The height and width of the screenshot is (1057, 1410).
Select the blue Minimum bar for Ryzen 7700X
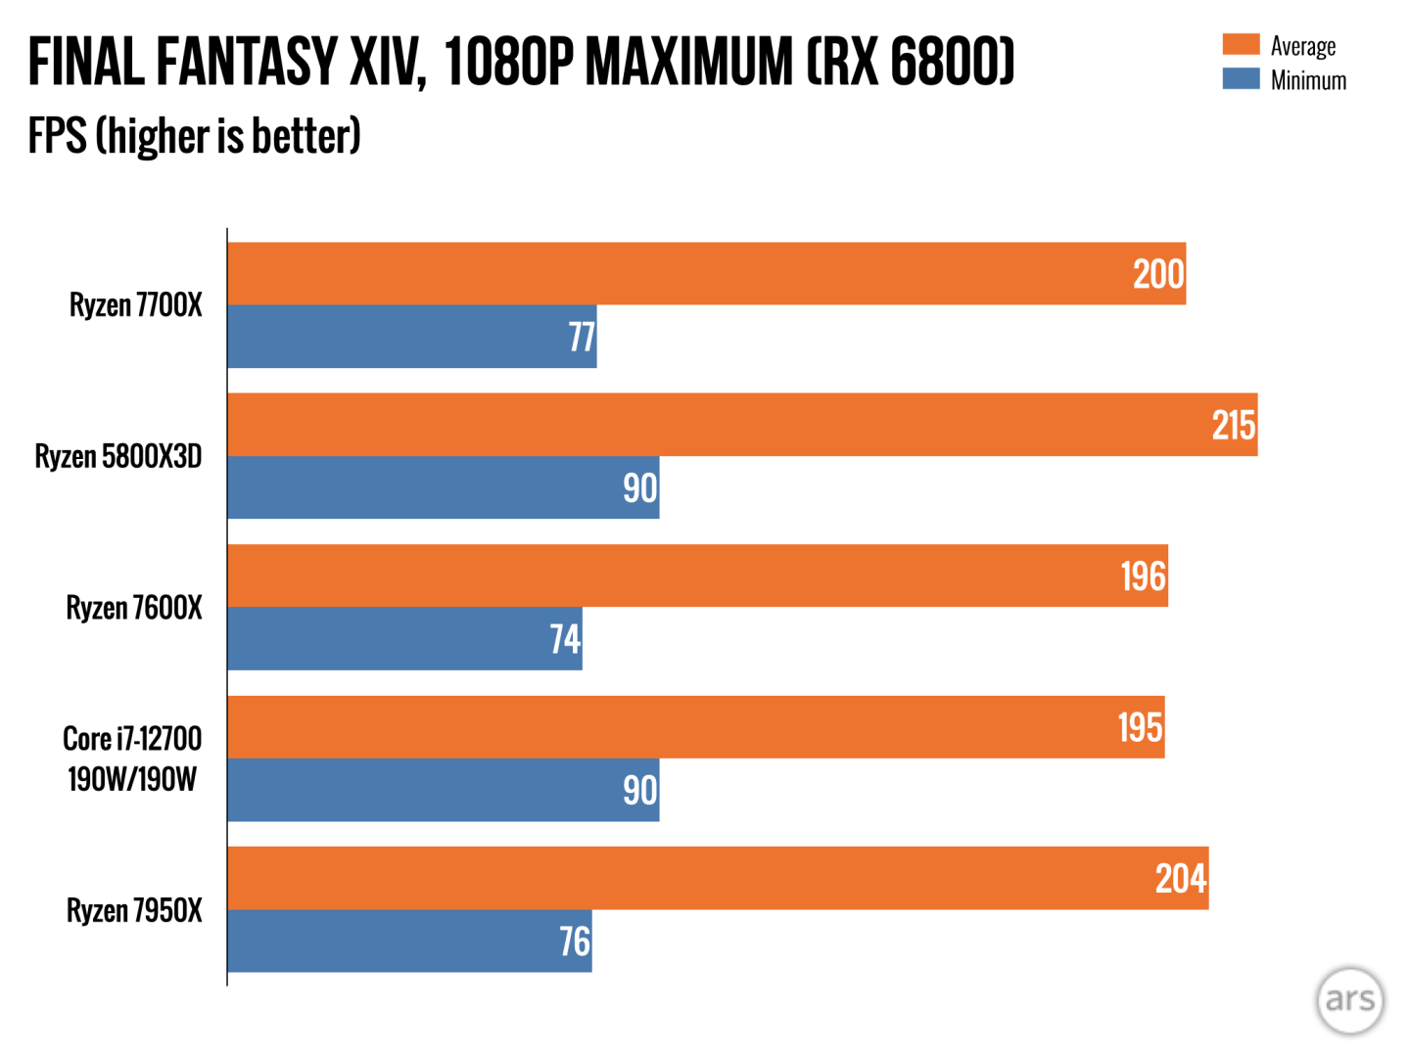point(411,337)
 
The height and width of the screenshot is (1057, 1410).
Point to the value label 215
point(1233,426)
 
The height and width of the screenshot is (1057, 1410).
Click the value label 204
point(1180,879)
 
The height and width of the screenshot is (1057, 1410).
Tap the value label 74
point(565,639)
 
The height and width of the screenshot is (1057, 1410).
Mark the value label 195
point(1141,727)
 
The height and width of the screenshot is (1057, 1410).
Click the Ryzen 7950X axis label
point(134,910)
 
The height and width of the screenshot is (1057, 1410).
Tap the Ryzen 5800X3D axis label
point(118,456)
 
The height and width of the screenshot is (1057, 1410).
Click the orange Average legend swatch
point(1241,44)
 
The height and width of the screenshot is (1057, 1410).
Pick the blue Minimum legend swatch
point(1241,78)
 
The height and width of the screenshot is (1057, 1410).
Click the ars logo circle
point(1349,999)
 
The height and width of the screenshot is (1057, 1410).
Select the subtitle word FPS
point(57,136)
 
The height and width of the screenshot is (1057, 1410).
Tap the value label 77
point(582,338)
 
